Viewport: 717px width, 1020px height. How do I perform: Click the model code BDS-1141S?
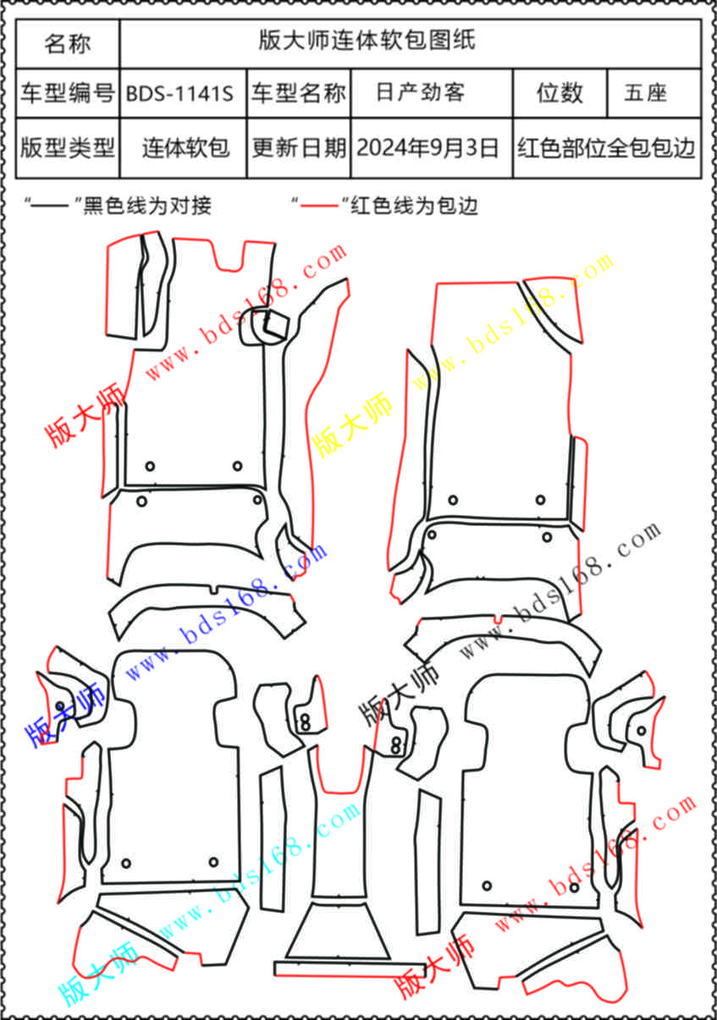pyautogui.click(x=179, y=94)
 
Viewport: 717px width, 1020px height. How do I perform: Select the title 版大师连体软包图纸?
pyautogui.click(x=367, y=40)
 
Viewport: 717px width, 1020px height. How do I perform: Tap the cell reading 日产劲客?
pyautogui.click(x=420, y=92)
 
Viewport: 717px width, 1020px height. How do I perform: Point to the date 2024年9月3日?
pyautogui.click(x=427, y=148)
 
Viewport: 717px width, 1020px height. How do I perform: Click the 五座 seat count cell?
pyautogui.click(x=645, y=93)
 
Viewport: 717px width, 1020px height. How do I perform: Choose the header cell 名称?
pyautogui.click(x=68, y=44)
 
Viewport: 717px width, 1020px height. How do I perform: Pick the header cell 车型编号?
pyautogui.click(x=68, y=93)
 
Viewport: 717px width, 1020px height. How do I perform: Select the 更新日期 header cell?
pyautogui.click(x=299, y=148)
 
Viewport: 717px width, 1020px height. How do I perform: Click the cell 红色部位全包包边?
pyautogui.click(x=606, y=148)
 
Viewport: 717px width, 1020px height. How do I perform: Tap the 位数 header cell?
pyautogui.click(x=560, y=93)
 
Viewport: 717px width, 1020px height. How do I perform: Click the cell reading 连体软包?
pyautogui.click(x=185, y=148)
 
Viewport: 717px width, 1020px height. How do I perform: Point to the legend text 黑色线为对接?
pyautogui.click(x=147, y=206)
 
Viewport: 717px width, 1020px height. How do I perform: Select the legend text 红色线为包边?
pyautogui.click(x=414, y=206)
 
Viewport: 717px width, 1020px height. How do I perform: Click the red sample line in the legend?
pyautogui.click(x=318, y=206)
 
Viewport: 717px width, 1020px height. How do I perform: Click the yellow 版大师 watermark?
pyautogui.click(x=352, y=424)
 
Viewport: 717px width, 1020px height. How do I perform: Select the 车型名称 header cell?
pyautogui.click(x=299, y=93)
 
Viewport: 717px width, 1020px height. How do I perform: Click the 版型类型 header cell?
pyautogui.click(x=68, y=148)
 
